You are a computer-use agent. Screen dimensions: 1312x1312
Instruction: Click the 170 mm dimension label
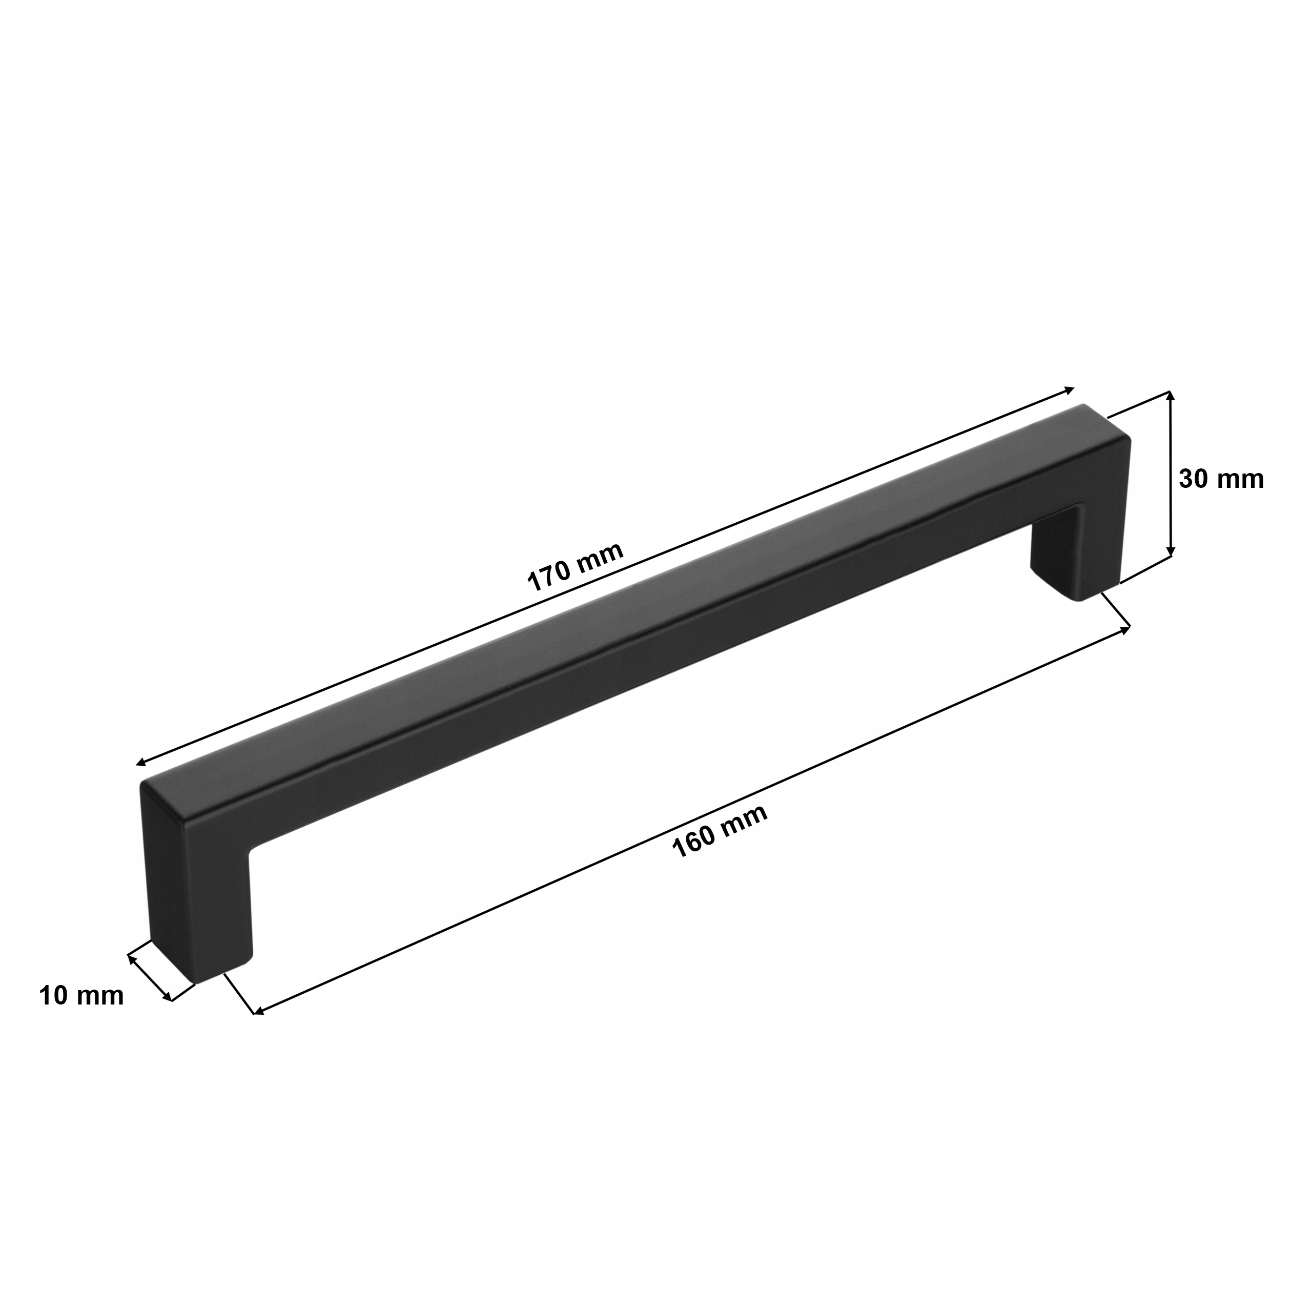(575, 566)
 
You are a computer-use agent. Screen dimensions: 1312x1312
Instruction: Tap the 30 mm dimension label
(1221, 479)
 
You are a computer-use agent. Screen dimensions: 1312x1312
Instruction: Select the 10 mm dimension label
(81, 996)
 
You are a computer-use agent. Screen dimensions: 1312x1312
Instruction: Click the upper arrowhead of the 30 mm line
(1170, 395)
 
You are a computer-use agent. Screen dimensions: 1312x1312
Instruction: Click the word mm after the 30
(1241, 479)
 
